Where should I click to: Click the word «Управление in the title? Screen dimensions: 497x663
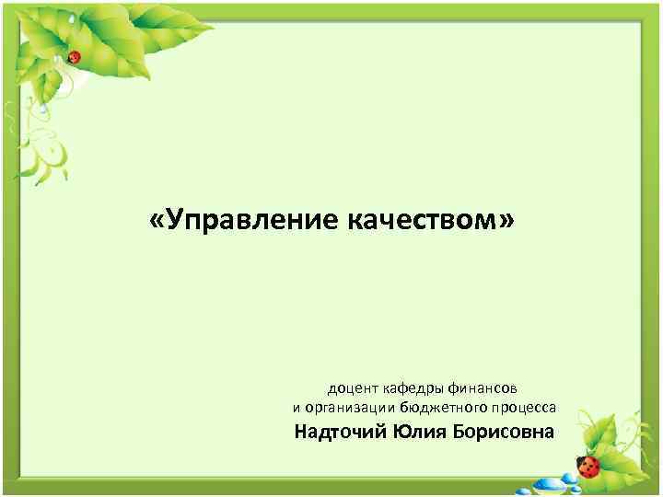pyautogui.click(x=245, y=223)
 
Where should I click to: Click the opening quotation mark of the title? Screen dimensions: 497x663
pyautogui.click(x=154, y=223)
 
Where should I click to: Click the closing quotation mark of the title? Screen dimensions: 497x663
pyautogui.click(x=508, y=223)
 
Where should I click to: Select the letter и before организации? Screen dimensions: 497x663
pyautogui.click(x=297, y=408)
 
